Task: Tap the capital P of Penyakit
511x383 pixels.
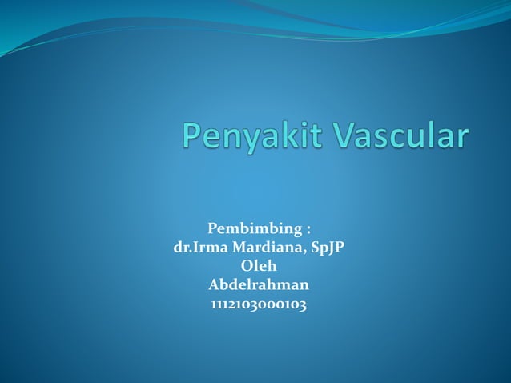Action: click(191, 134)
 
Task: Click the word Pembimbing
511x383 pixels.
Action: click(251, 232)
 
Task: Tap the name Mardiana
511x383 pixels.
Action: click(264, 248)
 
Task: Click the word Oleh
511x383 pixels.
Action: click(258, 266)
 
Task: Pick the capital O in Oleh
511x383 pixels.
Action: click(246, 266)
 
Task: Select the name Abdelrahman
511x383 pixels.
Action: click(258, 284)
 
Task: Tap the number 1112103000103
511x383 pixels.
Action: click(258, 304)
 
